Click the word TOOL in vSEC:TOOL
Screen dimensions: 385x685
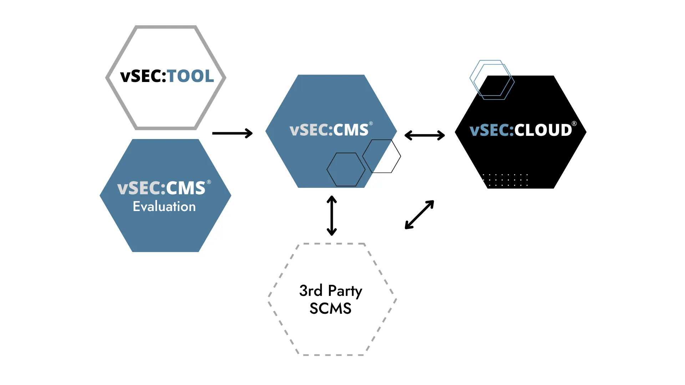pyautogui.click(x=191, y=76)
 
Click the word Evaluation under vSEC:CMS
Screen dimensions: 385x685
pyautogui.click(x=164, y=207)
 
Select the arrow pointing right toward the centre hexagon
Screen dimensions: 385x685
pyautogui.click(x=232, y=133)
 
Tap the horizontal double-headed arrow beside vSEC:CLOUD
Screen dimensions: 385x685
pyautogui.click(x=425, y=135)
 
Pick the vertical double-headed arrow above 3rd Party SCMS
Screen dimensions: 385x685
pyautogui.click(x=332, y=216)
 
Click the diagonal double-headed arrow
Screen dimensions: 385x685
pyautogui.click(x=419, y=215)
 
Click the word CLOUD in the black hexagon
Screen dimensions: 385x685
pyautogui.click(x=543, y=130)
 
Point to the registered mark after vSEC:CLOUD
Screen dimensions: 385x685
pyautogui.click(x=574, y=124)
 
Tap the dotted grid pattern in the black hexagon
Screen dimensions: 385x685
pyautogui.click(x=505, y=180)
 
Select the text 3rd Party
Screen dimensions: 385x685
pyautogui.click(x=330, y=291)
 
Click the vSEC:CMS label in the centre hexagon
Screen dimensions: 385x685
pyautogui.click(x=329, y=130)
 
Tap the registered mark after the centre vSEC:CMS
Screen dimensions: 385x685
pyautogui.click(x=371, y=123)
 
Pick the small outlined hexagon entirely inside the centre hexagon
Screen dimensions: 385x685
pyautogui.click(x=346, y=170)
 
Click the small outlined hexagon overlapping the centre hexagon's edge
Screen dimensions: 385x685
pyautogui.click(x=382, y=156)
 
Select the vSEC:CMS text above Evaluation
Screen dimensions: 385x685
pyautogui.click(x=161, y=188)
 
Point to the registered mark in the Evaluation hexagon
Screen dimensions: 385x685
pyautogui.click(x=209, y=182)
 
